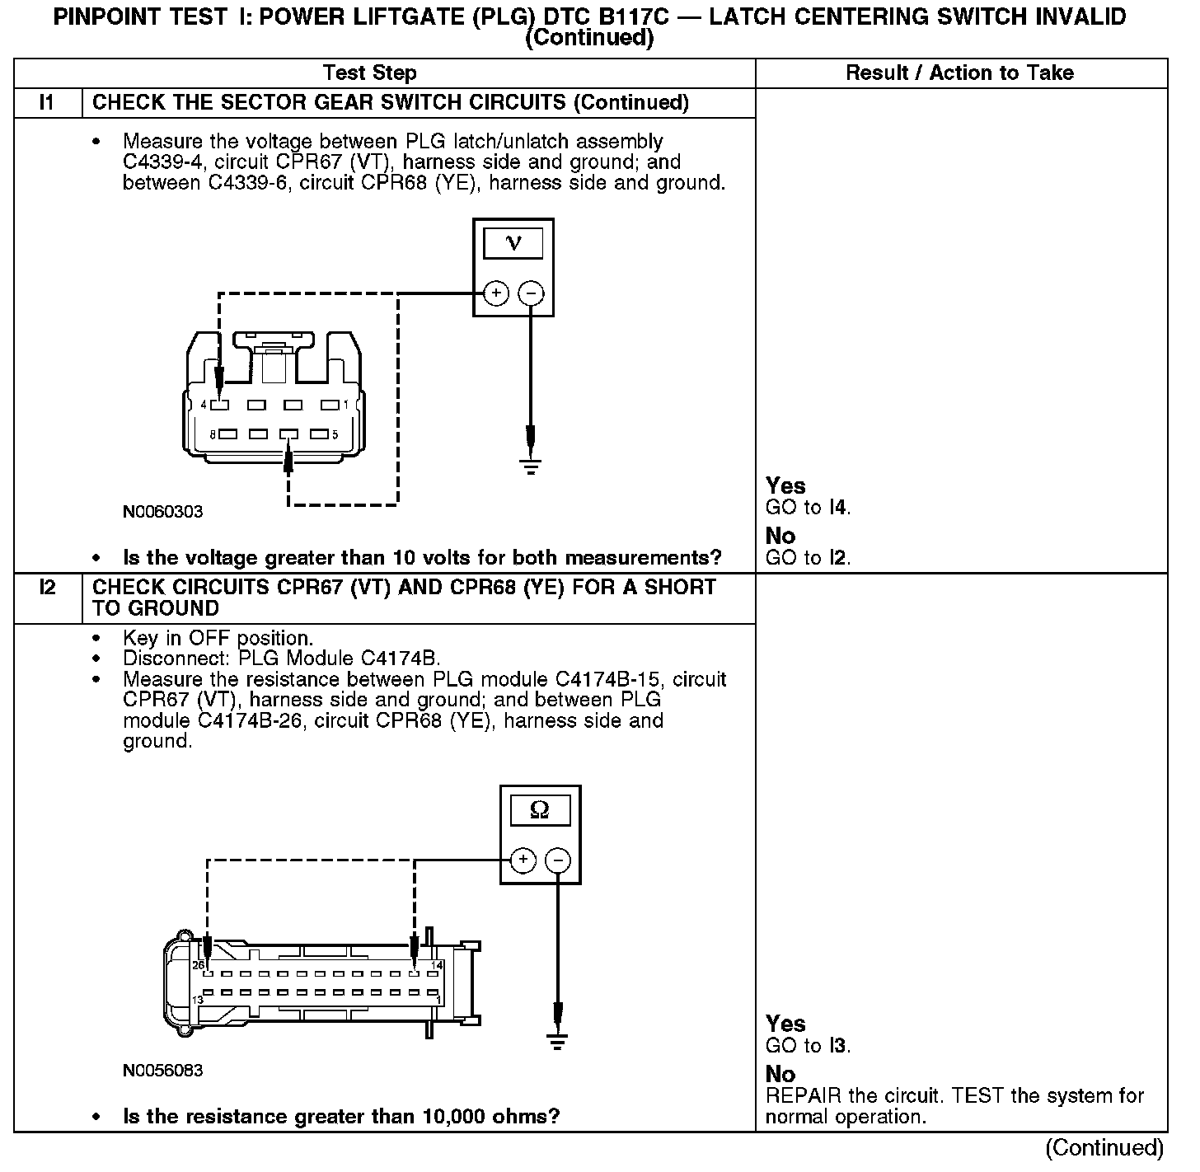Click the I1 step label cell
[47, 103]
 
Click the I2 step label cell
[47, 588]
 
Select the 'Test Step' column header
[369, 73]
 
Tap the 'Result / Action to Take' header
[959, 73]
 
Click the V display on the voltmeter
[513, 243]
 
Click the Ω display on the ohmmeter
[540, 810]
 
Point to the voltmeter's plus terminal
[495, 293]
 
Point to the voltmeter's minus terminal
[531, 293]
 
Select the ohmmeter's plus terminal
[523, 860]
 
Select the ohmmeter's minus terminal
[558, 860]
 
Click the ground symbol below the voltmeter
[531, 466]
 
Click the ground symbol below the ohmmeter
[558, 1041]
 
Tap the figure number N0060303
[162, 512]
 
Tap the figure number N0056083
[162, 1071]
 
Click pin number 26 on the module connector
[198, 965]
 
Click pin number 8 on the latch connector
[212, 434]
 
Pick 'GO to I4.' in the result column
[808, 508]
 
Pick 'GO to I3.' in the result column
[808, 1046]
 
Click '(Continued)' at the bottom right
[1104, 1148]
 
